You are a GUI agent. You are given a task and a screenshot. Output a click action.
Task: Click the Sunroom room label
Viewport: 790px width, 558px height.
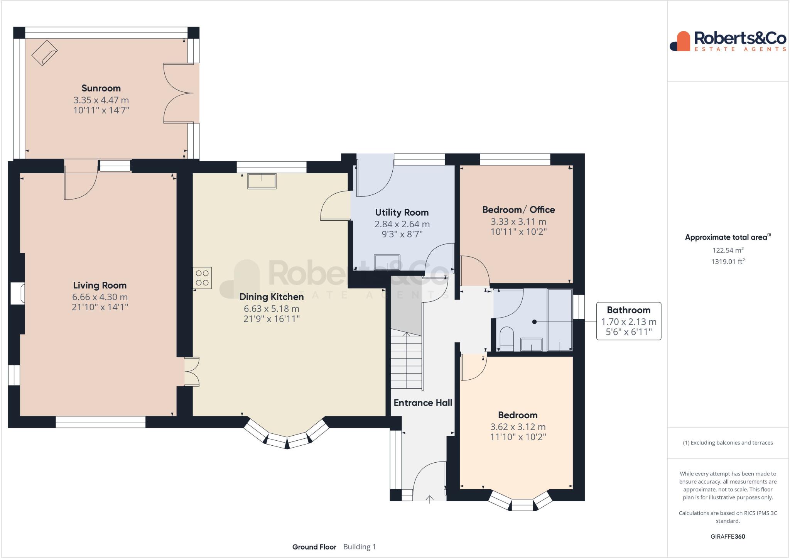point(101,88)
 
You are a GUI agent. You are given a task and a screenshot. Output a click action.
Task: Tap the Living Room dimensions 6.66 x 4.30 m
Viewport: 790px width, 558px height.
point(100,297)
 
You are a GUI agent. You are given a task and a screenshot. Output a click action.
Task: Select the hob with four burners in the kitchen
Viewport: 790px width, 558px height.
point(203,278)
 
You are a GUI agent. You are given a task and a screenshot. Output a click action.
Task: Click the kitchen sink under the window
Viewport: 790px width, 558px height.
point(262,181)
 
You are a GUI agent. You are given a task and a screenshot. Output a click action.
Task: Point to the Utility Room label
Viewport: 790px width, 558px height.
point(402,213)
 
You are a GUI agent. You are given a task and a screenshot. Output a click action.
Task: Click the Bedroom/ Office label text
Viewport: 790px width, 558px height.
point(518,210)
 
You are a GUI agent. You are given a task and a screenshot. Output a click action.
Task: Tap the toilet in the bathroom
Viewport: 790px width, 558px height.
point(506,339)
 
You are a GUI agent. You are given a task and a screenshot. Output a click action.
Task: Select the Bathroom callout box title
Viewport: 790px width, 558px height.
point(628,310)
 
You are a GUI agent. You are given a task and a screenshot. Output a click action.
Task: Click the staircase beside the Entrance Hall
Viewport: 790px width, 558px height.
point(407,360)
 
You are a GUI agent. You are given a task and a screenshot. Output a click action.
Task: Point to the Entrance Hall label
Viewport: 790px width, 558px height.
point(423,403)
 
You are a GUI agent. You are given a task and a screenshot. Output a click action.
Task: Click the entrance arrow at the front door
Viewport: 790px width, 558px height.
point(430,500)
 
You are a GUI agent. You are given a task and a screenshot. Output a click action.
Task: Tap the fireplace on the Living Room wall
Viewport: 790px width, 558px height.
point(18,293)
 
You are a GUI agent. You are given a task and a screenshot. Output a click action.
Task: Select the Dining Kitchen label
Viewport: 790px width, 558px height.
point(272,297)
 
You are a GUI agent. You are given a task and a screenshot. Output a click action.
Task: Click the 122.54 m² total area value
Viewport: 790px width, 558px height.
point(728,250)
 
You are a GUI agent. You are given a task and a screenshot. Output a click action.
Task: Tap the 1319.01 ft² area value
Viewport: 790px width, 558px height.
point(728,262)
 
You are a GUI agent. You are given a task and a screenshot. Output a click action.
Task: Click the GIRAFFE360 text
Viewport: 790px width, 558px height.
point(728,536)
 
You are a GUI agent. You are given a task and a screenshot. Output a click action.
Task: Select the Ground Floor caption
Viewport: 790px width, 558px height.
point(314,547)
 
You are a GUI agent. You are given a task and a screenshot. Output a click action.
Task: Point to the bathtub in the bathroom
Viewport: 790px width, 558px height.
point(560,320)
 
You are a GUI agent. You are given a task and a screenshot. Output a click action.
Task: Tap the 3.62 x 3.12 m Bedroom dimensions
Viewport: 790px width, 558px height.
point(518,427)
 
